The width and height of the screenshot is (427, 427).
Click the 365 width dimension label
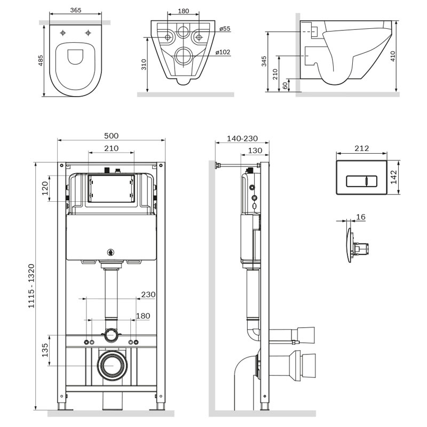tap(76, 10)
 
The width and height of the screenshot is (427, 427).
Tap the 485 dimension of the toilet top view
tap(41, 61)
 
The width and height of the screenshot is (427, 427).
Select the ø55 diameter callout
tap(225, 28)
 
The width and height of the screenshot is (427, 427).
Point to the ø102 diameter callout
tap(223, 52)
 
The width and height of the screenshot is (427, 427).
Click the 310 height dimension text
tap(144, 65)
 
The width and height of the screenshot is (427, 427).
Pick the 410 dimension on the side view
tap(392, 56)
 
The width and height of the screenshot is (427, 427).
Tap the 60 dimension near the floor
tap(285, 85)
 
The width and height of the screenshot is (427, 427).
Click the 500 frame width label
tap(112, 136)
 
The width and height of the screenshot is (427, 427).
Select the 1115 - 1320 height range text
tap(31, 286)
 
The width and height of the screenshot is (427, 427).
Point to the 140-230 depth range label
tap(242, 138)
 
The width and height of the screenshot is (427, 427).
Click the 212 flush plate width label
tap(362, 148)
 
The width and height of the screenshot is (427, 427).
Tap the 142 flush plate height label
tap(394, 177)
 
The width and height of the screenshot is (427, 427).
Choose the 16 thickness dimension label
tap(361, 217)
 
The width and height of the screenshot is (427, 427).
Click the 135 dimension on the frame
tap(45, 350)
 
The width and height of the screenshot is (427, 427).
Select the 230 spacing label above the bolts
tap(148, 295)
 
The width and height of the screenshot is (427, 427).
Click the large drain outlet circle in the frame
tap(112, 366)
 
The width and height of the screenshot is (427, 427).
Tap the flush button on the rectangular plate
tap(361, 181)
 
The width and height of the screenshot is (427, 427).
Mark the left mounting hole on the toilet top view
tap(63, 33)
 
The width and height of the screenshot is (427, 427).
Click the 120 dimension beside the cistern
tap(45, 188)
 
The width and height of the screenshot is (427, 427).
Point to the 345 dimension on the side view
tap(264, 61)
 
